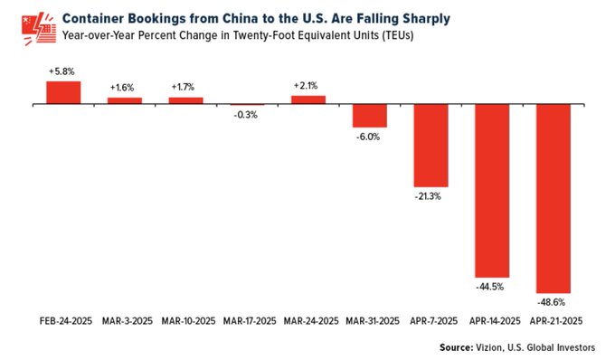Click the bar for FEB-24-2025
(x=63, y=92)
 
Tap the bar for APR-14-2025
(x=492, y=191)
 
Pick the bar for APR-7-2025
(x=430, y=146)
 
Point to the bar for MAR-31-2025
(x=369, y=116)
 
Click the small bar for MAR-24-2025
(x=308, y=99)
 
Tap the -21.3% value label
(x=430, y=196)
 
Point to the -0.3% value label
(x=247, y=115)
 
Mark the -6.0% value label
(x=369, y=137)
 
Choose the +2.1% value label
(x=308, y=86)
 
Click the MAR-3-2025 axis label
(x=125, y=322)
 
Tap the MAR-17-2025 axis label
(x=247, y=322)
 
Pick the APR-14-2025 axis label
(x=492, y=322)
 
